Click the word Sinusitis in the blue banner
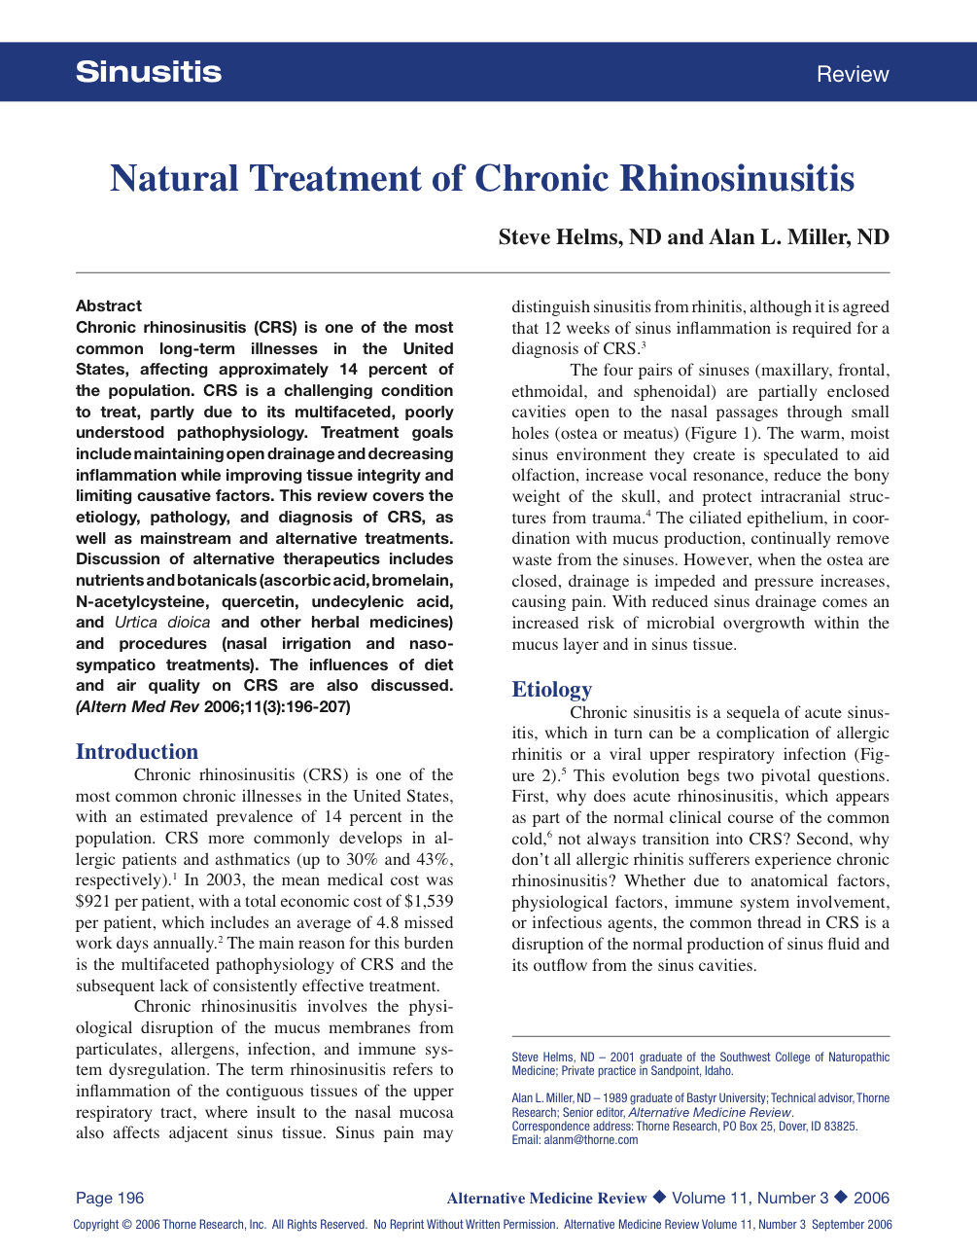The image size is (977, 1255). pyautogui.click(x=149, y=72)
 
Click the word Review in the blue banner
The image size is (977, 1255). pyautogui.click(x=853, y=74)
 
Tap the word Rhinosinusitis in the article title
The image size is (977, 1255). pyautogui.click(x=737, y=178)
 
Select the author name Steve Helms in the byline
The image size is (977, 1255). pyautogui.click(x=560, y=237)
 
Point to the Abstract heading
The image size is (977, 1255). pyautogui.click(x=109, y=305)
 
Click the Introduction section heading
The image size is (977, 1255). pyautogui.click(x=137, y=751)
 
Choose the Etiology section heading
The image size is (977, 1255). pyautogui.click(x=551, y=689)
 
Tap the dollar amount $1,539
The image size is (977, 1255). pyautogui.click(x=429, y=901)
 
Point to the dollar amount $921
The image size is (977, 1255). pyautogui.click(x=92, y=901)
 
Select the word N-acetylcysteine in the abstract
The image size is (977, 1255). pyautogui.click(x=142, y=601)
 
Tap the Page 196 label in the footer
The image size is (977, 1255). pyautogui.click(x=110, y=1199)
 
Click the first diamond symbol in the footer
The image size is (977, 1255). pyautogui.click(x=659, y=1198)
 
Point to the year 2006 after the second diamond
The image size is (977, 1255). pyautogui.click(x=871, y=1199)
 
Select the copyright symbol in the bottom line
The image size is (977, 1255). pyautogui.click(x=126, y=1225)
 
